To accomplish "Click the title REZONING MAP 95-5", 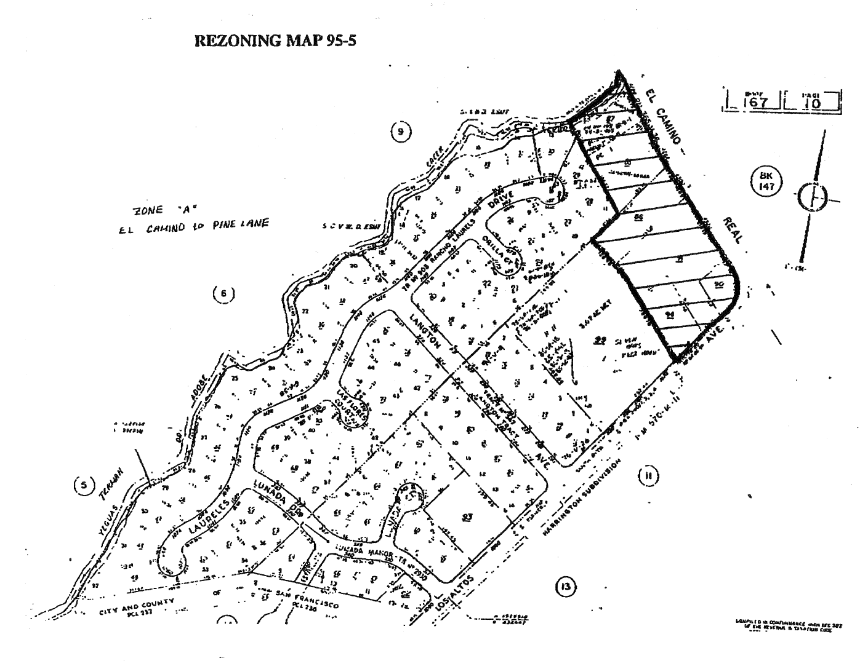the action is (275, 41).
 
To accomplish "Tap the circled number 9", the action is (400, 131).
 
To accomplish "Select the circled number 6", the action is (223, 293).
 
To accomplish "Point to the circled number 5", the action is (84, 485).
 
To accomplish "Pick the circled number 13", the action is (566, 587).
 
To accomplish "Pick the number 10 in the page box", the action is (812, 103).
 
